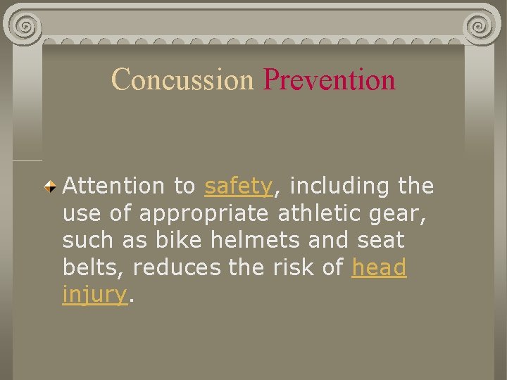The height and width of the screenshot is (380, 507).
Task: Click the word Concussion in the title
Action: coord(182,80)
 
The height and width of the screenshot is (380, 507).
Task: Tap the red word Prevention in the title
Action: coord(329,80)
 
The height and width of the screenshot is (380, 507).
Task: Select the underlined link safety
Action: coord(238,186)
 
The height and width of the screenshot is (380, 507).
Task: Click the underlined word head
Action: coord(379,267)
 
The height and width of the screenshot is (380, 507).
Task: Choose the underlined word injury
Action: coord(94,295)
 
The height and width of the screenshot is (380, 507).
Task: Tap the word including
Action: coord(339,186)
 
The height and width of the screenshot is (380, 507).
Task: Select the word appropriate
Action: coord(205,213)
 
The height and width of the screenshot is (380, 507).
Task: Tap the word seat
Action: coord(380,240)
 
